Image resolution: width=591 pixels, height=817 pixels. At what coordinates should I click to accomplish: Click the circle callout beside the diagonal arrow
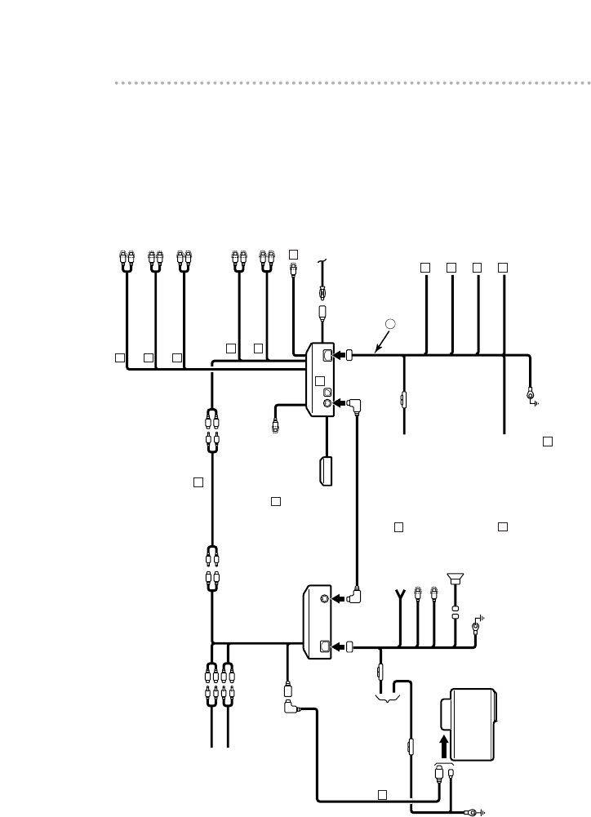[x=390, y=323]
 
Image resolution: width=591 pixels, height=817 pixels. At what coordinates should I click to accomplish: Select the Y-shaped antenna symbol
[x=401, y=593]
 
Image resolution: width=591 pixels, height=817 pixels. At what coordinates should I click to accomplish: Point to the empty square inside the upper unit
[x=320, y=380]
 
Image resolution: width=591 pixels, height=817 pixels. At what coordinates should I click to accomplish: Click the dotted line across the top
[x=351, y=82]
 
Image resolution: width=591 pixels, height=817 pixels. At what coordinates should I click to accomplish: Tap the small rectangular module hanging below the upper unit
[x=327, y=471]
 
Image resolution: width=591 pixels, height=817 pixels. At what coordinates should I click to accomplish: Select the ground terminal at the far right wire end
[x=531, y=398]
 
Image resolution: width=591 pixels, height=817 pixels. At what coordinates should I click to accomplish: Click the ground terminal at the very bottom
[x=473, y=811]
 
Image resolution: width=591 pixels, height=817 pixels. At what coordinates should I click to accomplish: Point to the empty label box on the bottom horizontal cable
[x=381, y=793]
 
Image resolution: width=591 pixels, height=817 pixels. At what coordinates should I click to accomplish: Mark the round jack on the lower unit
[x=326, y=599]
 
